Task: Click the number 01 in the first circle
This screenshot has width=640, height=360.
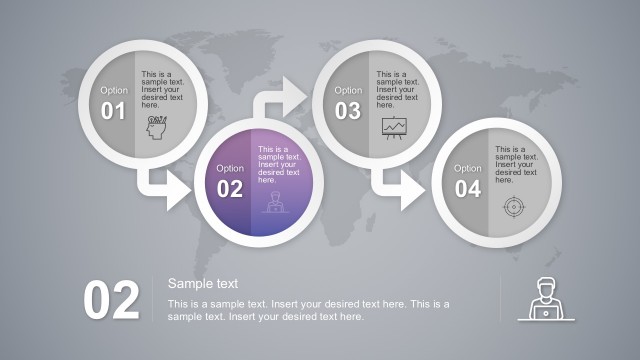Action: point(114,111)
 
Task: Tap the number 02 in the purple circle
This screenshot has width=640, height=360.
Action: point(230,189)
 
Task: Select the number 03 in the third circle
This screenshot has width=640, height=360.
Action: point(348,111)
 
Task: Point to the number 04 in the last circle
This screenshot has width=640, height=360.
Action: point(467,189)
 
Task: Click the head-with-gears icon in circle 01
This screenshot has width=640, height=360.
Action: point(157,128)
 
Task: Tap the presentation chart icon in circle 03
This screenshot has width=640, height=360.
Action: point(394,127)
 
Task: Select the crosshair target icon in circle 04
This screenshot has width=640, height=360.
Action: point(513,206)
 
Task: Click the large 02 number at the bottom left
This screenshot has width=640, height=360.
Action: point(111,301)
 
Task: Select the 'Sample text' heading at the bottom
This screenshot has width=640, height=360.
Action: point(203,284)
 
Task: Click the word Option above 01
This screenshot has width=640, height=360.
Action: point(114,90)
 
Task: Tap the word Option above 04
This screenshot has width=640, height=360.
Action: point(467,168)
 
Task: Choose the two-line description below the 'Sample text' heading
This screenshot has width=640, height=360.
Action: point(308,310)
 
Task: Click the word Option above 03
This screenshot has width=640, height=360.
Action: point(348,90)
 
